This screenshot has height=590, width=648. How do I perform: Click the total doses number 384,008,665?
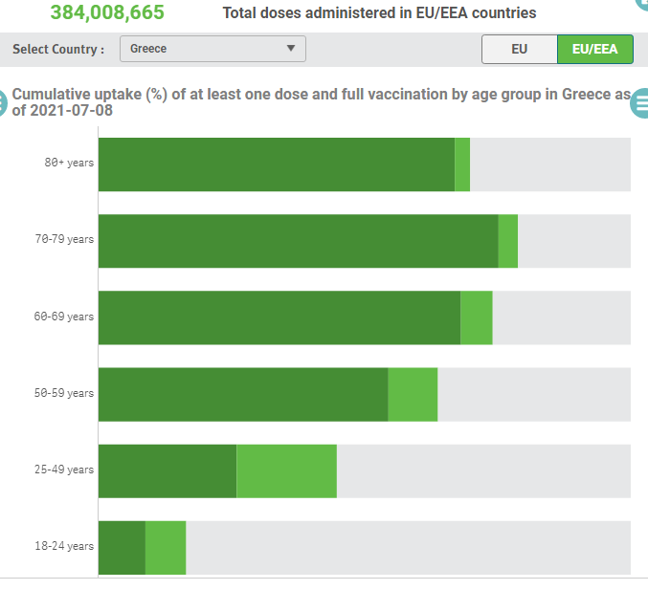tap(107, 12)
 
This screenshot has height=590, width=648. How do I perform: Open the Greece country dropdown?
tap(212, 49)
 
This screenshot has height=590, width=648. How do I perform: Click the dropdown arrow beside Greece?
tap(291, 49)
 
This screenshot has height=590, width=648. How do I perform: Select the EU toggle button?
tap(519, 50)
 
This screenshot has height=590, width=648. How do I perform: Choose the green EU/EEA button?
tap(594, 50)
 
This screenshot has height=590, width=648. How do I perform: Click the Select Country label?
tap(58, 50)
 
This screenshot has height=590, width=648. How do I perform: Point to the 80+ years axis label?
tap(69, 163)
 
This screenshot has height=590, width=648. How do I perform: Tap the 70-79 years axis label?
tap(64, 239)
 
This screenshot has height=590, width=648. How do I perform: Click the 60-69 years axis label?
tap(64, 317)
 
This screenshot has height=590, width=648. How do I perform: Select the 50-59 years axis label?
tap(64, 393)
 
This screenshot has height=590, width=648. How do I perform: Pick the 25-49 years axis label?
tap(64, 470)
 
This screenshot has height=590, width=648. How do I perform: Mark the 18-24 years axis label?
tap(64, 546)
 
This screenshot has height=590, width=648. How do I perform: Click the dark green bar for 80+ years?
tap(276, 164)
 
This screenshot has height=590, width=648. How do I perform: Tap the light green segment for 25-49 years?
tap(286, 470)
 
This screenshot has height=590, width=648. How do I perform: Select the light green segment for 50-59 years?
tap(413, 394)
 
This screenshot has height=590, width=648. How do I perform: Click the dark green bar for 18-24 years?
tap(122, 548)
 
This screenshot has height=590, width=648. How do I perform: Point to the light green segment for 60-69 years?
tap(476, 317)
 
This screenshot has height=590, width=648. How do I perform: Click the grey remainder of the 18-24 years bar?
tap(408, 548)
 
